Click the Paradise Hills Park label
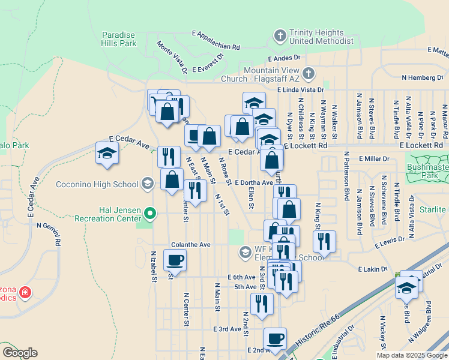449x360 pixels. tap(119, 39)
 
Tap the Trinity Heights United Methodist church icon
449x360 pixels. tap(279, 37)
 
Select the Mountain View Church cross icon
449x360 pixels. tap(308, 74)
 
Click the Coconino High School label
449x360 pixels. tap(98, 183)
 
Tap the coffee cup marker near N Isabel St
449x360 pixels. tap(175, 260)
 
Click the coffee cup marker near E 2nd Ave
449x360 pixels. tap(275, 338)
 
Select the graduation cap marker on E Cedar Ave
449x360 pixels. tap(107, 153)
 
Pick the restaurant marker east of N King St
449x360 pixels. tap(324, 242)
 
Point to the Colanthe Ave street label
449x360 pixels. tap(191, 245)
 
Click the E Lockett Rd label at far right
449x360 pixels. tap(423, 145)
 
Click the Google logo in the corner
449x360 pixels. tap(20, 353)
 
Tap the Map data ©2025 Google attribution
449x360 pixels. tap(412, 355)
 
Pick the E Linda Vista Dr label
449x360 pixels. tap(301, 89)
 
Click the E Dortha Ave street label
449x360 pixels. tap(254, 182)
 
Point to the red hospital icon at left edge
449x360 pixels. tap(25, 293)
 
